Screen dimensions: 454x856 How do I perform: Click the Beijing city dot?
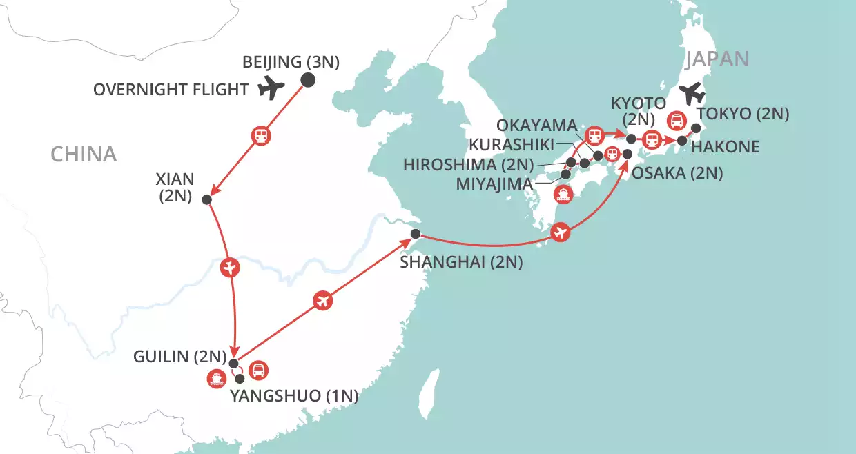point(308,80)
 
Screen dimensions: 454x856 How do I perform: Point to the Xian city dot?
point(206,199)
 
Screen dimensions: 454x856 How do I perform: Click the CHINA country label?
point(84,154)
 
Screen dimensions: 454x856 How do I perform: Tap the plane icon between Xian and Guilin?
point(229,267)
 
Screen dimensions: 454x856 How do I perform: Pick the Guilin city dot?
point(233,364)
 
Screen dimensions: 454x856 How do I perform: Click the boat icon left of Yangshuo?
point(216,378)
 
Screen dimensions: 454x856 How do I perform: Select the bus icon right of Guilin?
point(258,371)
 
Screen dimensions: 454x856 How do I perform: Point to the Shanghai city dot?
point(416,234)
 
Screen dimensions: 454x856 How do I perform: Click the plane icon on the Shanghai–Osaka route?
point(562,233)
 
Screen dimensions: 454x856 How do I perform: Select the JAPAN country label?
point(717,59)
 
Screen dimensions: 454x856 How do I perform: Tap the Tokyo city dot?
point(696,128)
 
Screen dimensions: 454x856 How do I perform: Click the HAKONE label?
point(725,147)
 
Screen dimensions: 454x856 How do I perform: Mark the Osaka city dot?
point(628,154)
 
